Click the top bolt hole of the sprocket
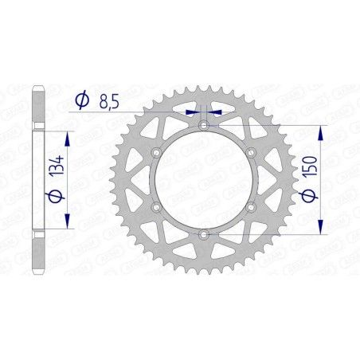click(x=204, y=125)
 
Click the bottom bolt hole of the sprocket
click(x=204, y=234)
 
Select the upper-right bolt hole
click(x=251, y=152)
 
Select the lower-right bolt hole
click(x=251, y=207)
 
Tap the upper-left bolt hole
click(x=157, y=152)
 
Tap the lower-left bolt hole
click(x=157, y=207)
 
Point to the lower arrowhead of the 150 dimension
click(x=320, y=229)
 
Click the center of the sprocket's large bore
click(x=204, y=180)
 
